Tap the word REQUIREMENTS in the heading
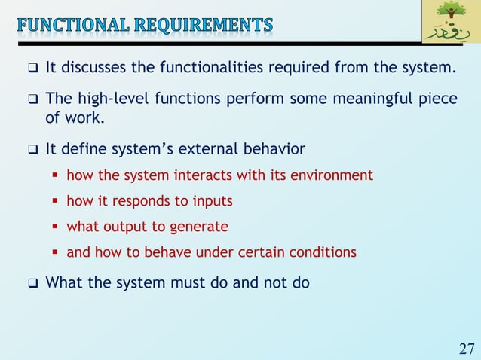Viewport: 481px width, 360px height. (208, 26)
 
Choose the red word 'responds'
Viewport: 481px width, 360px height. (136, 201)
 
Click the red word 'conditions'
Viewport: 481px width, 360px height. (325, 252)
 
